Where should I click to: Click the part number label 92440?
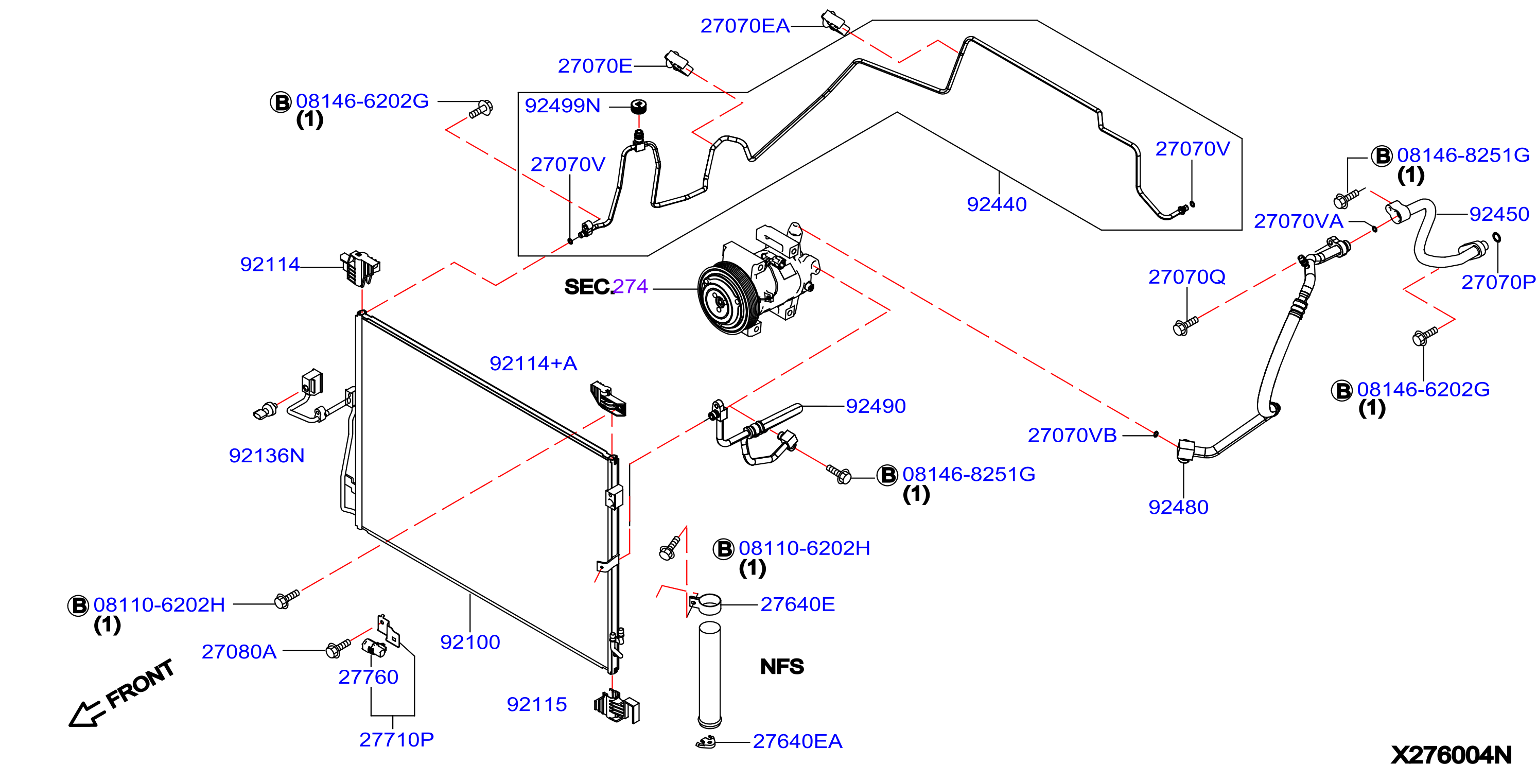point(997,205)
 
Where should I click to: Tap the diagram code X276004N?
point(1451,754)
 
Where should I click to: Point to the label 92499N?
point(562,106)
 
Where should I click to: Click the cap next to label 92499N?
point(638,107)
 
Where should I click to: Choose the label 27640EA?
point(797,741)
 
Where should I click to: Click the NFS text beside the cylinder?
point(782,667)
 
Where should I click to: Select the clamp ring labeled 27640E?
point(705,604)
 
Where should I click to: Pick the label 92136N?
point(267,456)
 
